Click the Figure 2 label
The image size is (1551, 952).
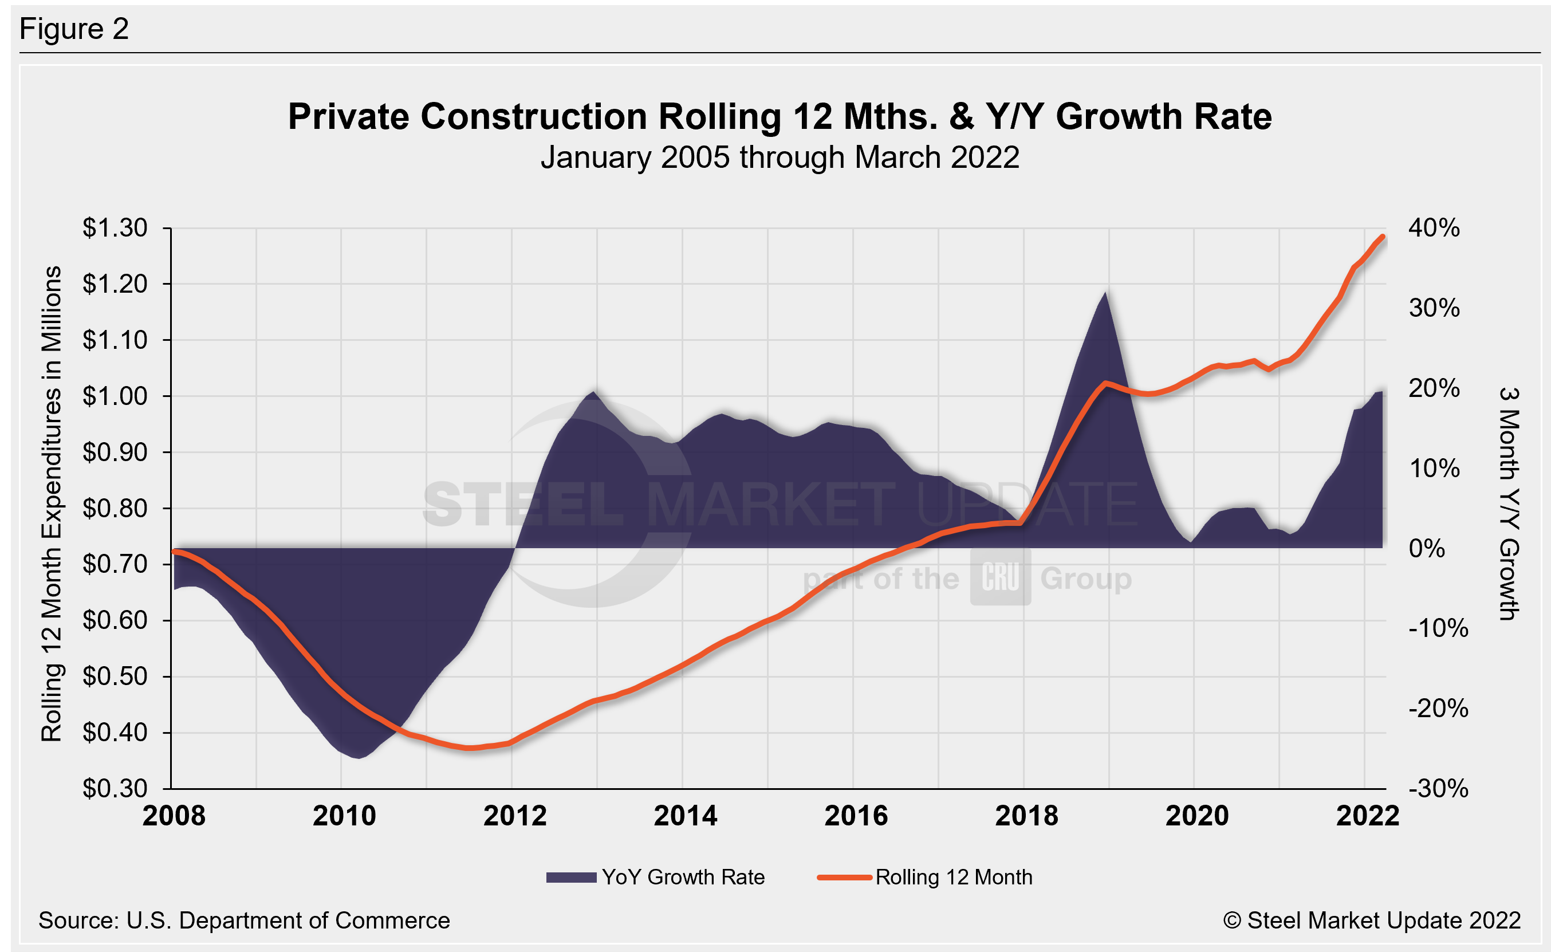[x=74, y=29]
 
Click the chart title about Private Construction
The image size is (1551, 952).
[x=780, y=117]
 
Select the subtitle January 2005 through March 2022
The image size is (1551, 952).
[x=780, y=158]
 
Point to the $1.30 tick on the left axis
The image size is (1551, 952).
[x=115, y=228]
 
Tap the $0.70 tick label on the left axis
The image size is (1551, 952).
[x=115, y=564]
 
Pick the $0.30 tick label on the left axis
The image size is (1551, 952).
[x=115, y=788]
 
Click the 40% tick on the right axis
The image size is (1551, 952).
[x=1434, y=228]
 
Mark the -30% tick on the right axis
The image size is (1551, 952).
[x=1438, y=788]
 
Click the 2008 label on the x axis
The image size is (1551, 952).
[x=174, y=816]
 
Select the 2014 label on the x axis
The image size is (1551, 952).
[x=685, y=816]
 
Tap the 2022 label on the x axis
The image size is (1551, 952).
[x=1367, y=816]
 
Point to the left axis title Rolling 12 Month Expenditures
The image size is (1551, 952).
[x=52, y=503]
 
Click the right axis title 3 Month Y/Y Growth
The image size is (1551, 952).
[x=1509, y=503]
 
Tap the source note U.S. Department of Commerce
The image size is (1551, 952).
[x=244, y=920]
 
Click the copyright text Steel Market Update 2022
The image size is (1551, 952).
[x=1372, y=920]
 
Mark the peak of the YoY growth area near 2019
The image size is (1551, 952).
[x=1105, y=292]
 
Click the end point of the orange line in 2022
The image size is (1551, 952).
[x=1382, y=237]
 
